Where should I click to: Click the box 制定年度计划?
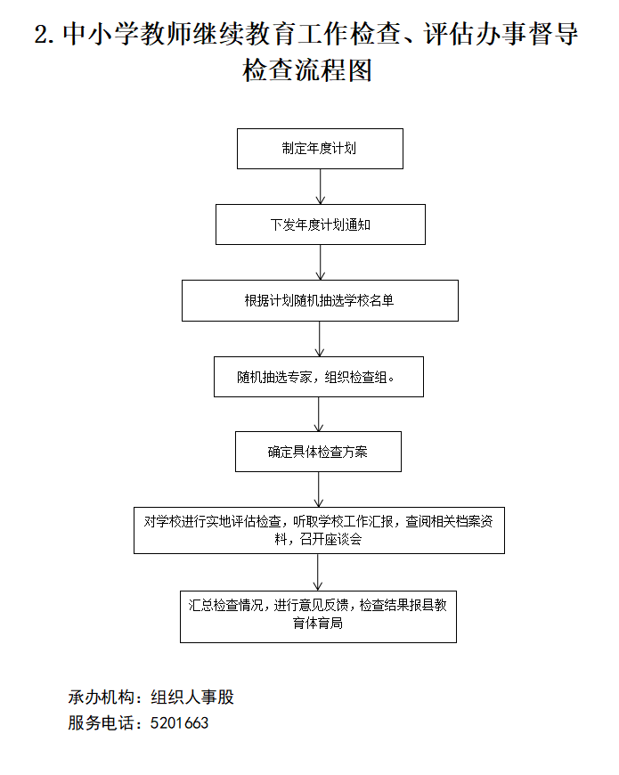pyautogui.click(x=320, y=149)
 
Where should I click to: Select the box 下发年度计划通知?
pyautogui.click(x=320, y=224)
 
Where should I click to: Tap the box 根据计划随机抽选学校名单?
pyautogui.click(x=320, y=300)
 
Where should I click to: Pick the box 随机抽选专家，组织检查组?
pyautogui.click(x=318, y=377)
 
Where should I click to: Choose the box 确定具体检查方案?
pyautogui.click(x=318, y=452)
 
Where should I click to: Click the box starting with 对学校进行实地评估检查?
pyautogui.click(x=319, y=531)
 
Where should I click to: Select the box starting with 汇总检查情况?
pyautogui.click(x=318, y=616)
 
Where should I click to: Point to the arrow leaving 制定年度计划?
pyautogui.click(x=320, y=186)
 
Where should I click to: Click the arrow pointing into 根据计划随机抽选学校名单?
pyautogui.click(x=320, y=263)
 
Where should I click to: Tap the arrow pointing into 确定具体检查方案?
pyautogui.click(x=319, y=414)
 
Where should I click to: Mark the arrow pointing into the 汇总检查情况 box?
pyautogui.click(x=319, y=572)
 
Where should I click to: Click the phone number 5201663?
pyautogui.click(x=180, y=723)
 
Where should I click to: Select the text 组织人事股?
pyautogui.click(x=192, y=697)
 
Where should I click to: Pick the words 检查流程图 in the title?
pyautogui.click(x=307, y=71)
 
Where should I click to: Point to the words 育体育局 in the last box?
pyautogui.click(x=318, y=624)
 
